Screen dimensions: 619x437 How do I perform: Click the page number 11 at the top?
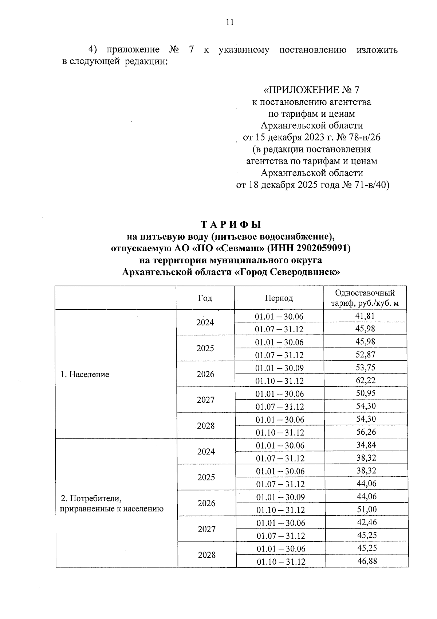(x=229, y=23)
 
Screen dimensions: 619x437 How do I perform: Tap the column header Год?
(x=205, y=298)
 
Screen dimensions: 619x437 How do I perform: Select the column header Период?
(x=279, y=298)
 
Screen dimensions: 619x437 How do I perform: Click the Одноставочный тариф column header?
(x=365, y=298)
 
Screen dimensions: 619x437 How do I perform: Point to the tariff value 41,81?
(x=365, y=316)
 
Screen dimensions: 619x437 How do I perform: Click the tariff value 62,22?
(x=366, y=380)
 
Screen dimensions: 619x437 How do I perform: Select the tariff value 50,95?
(x=366, y=393)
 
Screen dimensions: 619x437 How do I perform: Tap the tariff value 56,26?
(x=366, y=432)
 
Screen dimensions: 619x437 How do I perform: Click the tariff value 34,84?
(x=366, y=445)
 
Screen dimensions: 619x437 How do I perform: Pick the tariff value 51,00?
(x=367, y=509)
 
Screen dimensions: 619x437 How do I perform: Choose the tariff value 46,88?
(x=367, y=561)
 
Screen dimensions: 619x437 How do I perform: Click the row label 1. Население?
(x=85, y=374)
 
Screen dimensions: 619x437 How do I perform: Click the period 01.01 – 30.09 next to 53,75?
(x=279, y=368)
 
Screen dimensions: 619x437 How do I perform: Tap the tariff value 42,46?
(x=367, y=522)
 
